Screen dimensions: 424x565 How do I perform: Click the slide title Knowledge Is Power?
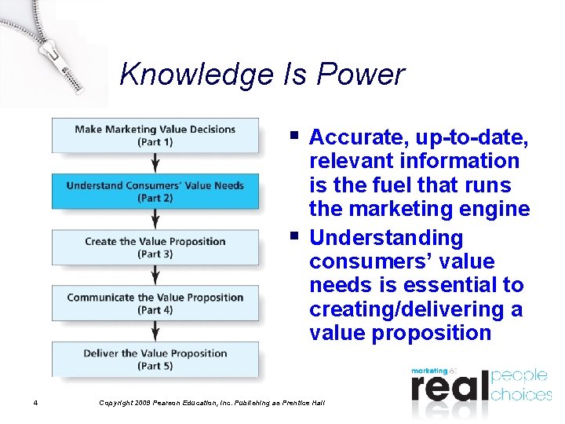(x=262, y=75)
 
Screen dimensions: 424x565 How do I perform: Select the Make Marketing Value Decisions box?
(x=155, y=135)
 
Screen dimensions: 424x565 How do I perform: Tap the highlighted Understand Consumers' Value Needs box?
(x=155, y=192)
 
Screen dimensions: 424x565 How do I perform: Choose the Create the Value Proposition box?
(x=155, y=247)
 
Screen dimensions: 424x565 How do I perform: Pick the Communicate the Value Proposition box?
(x=155, y=303)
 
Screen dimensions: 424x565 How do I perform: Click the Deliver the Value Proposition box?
(x=155, y=359)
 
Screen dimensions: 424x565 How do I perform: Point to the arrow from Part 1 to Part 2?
(x=155, y=163)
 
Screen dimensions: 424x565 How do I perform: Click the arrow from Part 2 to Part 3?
(x=155, y=219)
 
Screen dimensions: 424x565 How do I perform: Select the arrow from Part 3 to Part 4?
(x=155, y=275)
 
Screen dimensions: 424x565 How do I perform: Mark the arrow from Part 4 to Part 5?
(x=155, y=331)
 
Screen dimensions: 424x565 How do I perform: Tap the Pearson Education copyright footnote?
(x=212, y=403)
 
